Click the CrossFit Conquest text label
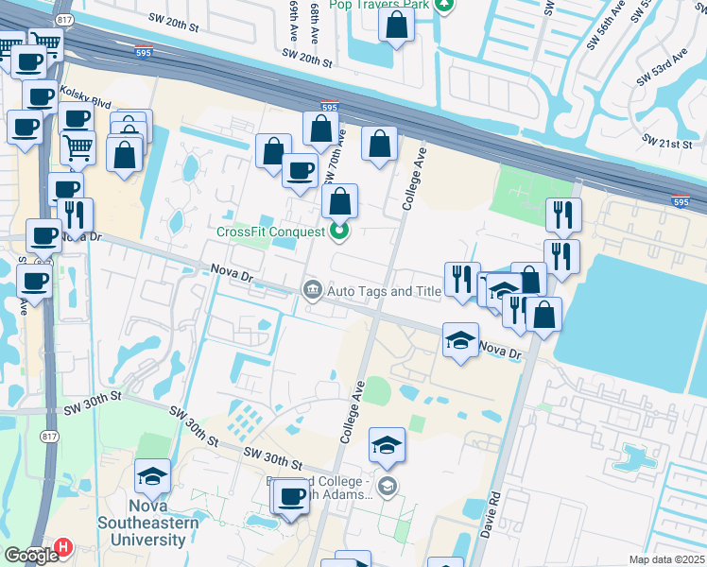pos(270,232)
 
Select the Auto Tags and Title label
pos(384,291)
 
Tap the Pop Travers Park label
pos(378,5)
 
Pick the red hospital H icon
pos(63,547)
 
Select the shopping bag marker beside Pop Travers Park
pos(396,26)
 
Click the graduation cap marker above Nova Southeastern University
pos(151,476)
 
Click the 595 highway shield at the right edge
pos(681,200)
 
